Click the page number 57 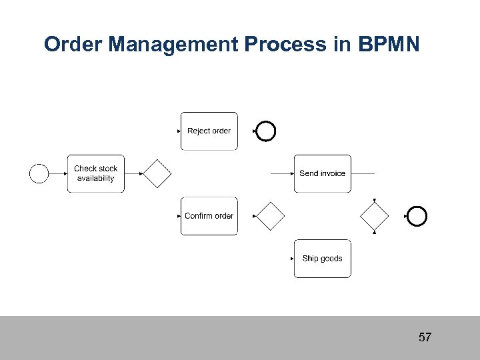coord(425,337)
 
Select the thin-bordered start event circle coord(39,173)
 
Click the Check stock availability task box coord(95,173)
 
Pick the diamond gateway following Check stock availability coord(157,173)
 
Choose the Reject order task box coord(209,131)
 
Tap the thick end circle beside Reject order coord(266,131)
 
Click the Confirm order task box coord(209,216)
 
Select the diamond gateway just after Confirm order coord(271,216)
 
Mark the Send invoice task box coord(322,173)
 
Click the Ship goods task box coord(322,259)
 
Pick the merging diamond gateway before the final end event coord(374,216)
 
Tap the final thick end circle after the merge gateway coord(417,216)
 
